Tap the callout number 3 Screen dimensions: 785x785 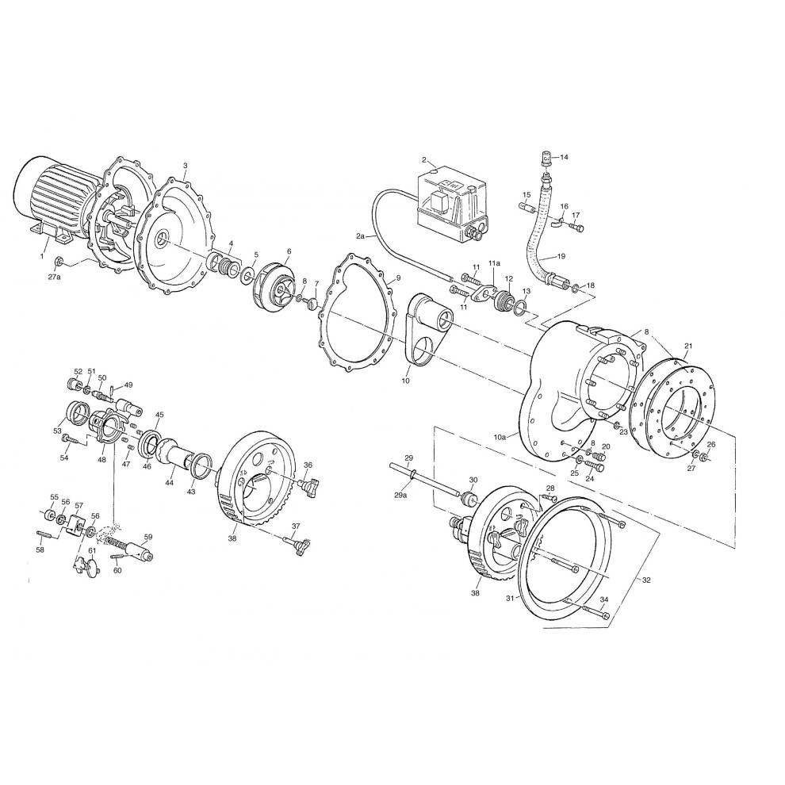(185, 166)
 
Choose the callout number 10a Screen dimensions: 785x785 (500, 435)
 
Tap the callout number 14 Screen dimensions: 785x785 (565, 157)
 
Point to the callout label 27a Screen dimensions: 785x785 (54, 278)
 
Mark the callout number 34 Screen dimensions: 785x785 (604, 599)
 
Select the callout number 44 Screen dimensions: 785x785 (169, 482)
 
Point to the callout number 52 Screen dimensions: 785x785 (78, 371)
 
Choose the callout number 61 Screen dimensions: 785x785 (92, 550)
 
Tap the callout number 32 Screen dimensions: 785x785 (646, 580)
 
